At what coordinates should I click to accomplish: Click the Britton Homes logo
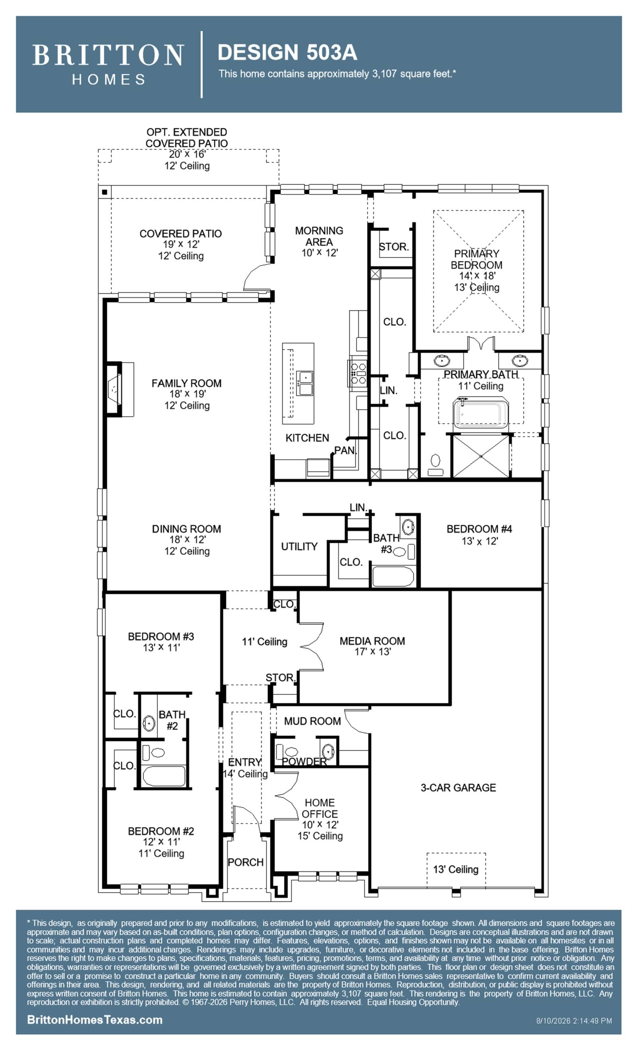point(108,64)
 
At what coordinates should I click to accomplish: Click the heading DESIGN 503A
point(287,53)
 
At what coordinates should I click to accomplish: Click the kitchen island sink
point(305,383)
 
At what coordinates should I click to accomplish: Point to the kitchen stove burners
point(357,373)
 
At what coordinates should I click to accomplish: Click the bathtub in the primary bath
point(480,412)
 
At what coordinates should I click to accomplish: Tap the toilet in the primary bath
point(435,465)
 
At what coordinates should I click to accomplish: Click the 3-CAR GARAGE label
point(458,787)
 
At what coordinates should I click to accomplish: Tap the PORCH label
point(246,862)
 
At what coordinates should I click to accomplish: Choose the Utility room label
point(299,546)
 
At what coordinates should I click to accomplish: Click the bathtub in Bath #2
point(164,775)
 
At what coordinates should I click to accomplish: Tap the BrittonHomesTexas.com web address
point(95,1019)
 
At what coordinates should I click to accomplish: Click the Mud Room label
point(312,721)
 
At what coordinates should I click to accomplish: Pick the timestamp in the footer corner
point(574,1021)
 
